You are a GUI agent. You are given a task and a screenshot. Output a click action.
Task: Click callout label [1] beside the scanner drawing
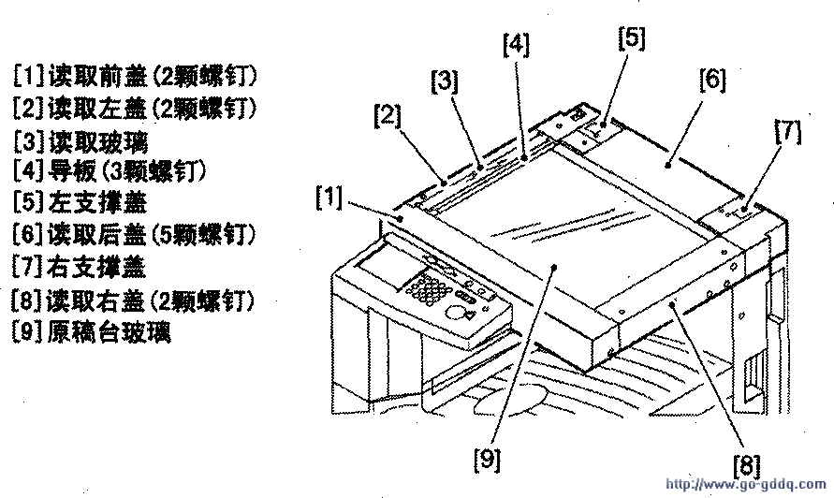[x=329, y=198]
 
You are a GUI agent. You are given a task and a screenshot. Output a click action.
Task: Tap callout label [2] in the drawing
[x=388, y=117]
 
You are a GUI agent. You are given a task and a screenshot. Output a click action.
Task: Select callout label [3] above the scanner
[x=444, y=82]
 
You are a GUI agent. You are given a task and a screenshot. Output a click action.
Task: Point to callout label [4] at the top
[x=515, y=44]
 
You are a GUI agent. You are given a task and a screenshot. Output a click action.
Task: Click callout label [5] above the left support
[x=631, y=38]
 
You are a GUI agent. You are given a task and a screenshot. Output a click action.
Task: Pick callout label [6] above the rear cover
[x=711, y=80]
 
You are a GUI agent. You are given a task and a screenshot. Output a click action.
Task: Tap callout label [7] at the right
[x=787, y=133]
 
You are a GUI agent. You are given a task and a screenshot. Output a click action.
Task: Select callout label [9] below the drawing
[x=488, y=459]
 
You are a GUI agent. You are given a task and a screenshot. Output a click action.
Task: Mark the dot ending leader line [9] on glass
[x=555, y=267]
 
